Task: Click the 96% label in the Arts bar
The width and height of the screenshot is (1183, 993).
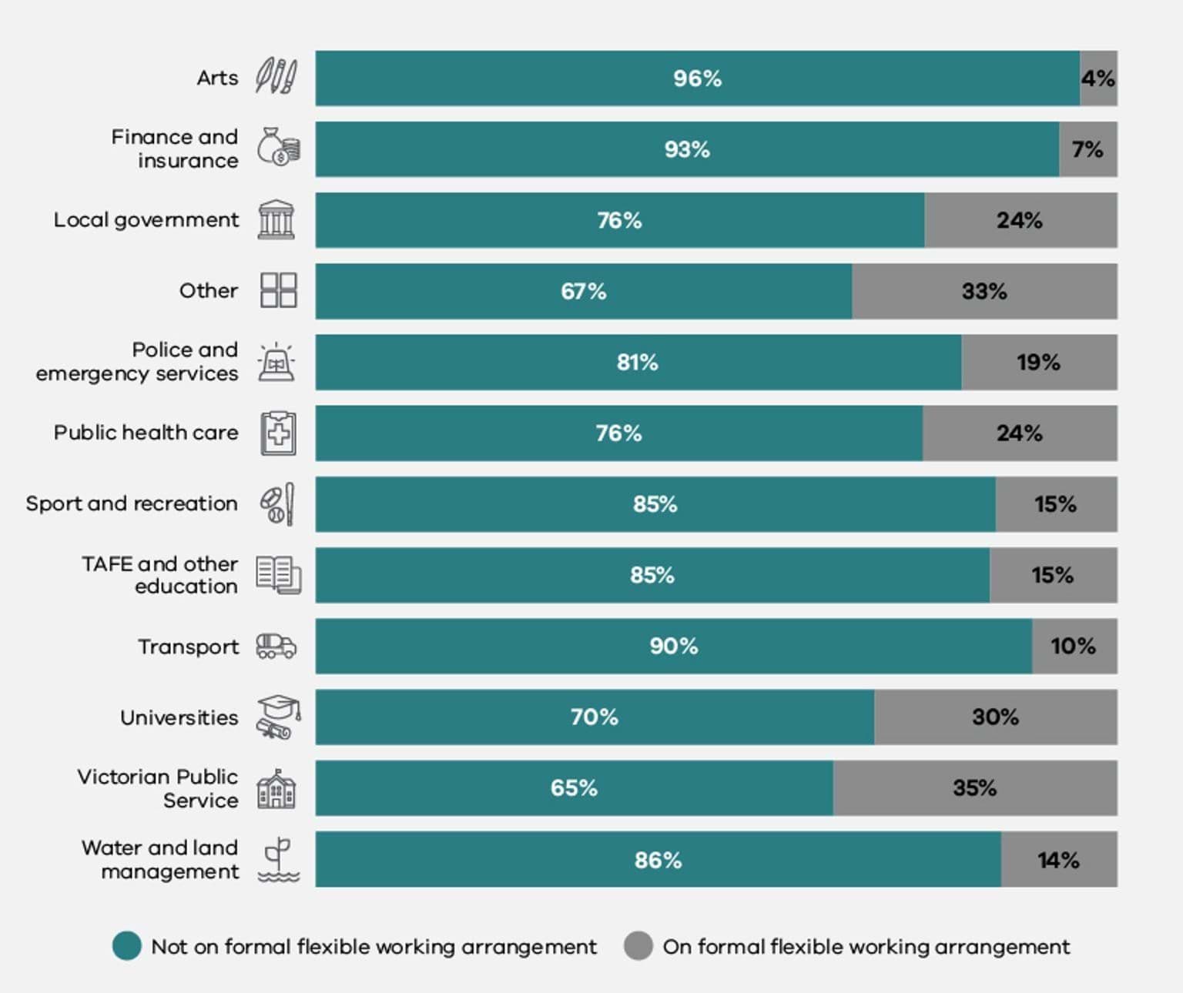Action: [x=697, y=79]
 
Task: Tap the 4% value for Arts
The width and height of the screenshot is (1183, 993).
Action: [x=1098, y=79]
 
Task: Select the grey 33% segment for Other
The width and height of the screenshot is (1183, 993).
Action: [x=984, y=291]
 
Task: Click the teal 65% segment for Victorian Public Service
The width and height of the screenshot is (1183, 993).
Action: [x=574, y=788]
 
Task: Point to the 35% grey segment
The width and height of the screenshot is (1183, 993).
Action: [x=974, y=788]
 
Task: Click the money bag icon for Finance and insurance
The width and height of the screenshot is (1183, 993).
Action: [x=278, y=147]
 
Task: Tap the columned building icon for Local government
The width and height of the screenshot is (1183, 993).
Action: [x=276, y=219]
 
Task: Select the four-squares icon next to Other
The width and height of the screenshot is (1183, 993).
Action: [x=278, y=290]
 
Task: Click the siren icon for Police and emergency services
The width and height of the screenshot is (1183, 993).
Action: [x=276, y=362]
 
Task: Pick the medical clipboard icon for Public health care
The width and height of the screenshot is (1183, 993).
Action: [x=278, y=433]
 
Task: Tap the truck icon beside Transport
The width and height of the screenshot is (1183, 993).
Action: [x=276, y=646]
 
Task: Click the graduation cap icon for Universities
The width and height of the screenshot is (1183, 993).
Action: [x=277, y=717]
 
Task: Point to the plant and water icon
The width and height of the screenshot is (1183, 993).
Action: [x=278, y=860]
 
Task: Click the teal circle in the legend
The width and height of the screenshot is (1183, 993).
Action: [x=127, y=946]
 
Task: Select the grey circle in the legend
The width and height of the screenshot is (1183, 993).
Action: [x=638, y=946]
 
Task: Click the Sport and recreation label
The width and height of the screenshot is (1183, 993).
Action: [x=132, y=503]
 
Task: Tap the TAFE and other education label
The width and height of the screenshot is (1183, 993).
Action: [x=160, y=575]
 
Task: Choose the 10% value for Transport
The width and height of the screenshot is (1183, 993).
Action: [x=1073, y=646]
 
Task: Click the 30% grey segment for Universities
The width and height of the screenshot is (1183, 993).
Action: [x=995, y=717]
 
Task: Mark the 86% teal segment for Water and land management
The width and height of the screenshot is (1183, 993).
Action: [x=658, y=860]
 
